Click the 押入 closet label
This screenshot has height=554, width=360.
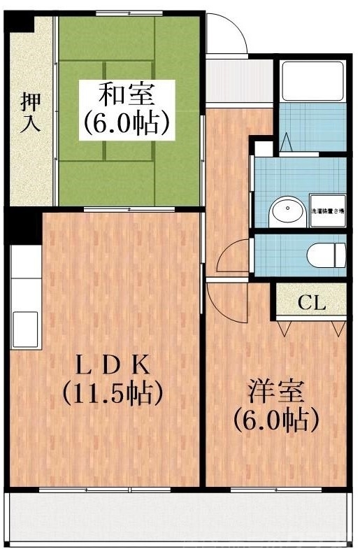tap(29, 112)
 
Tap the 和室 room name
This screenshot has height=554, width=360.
tap(126, 93)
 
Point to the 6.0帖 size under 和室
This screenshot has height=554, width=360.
tap(127, 123)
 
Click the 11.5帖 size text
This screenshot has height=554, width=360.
tap(113, 393)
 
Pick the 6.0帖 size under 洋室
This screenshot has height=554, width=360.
tap(275, 420)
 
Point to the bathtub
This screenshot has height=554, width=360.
tap(311, 82)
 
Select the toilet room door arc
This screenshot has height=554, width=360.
tap(233, 256)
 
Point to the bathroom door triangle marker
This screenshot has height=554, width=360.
tap(287, 143)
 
